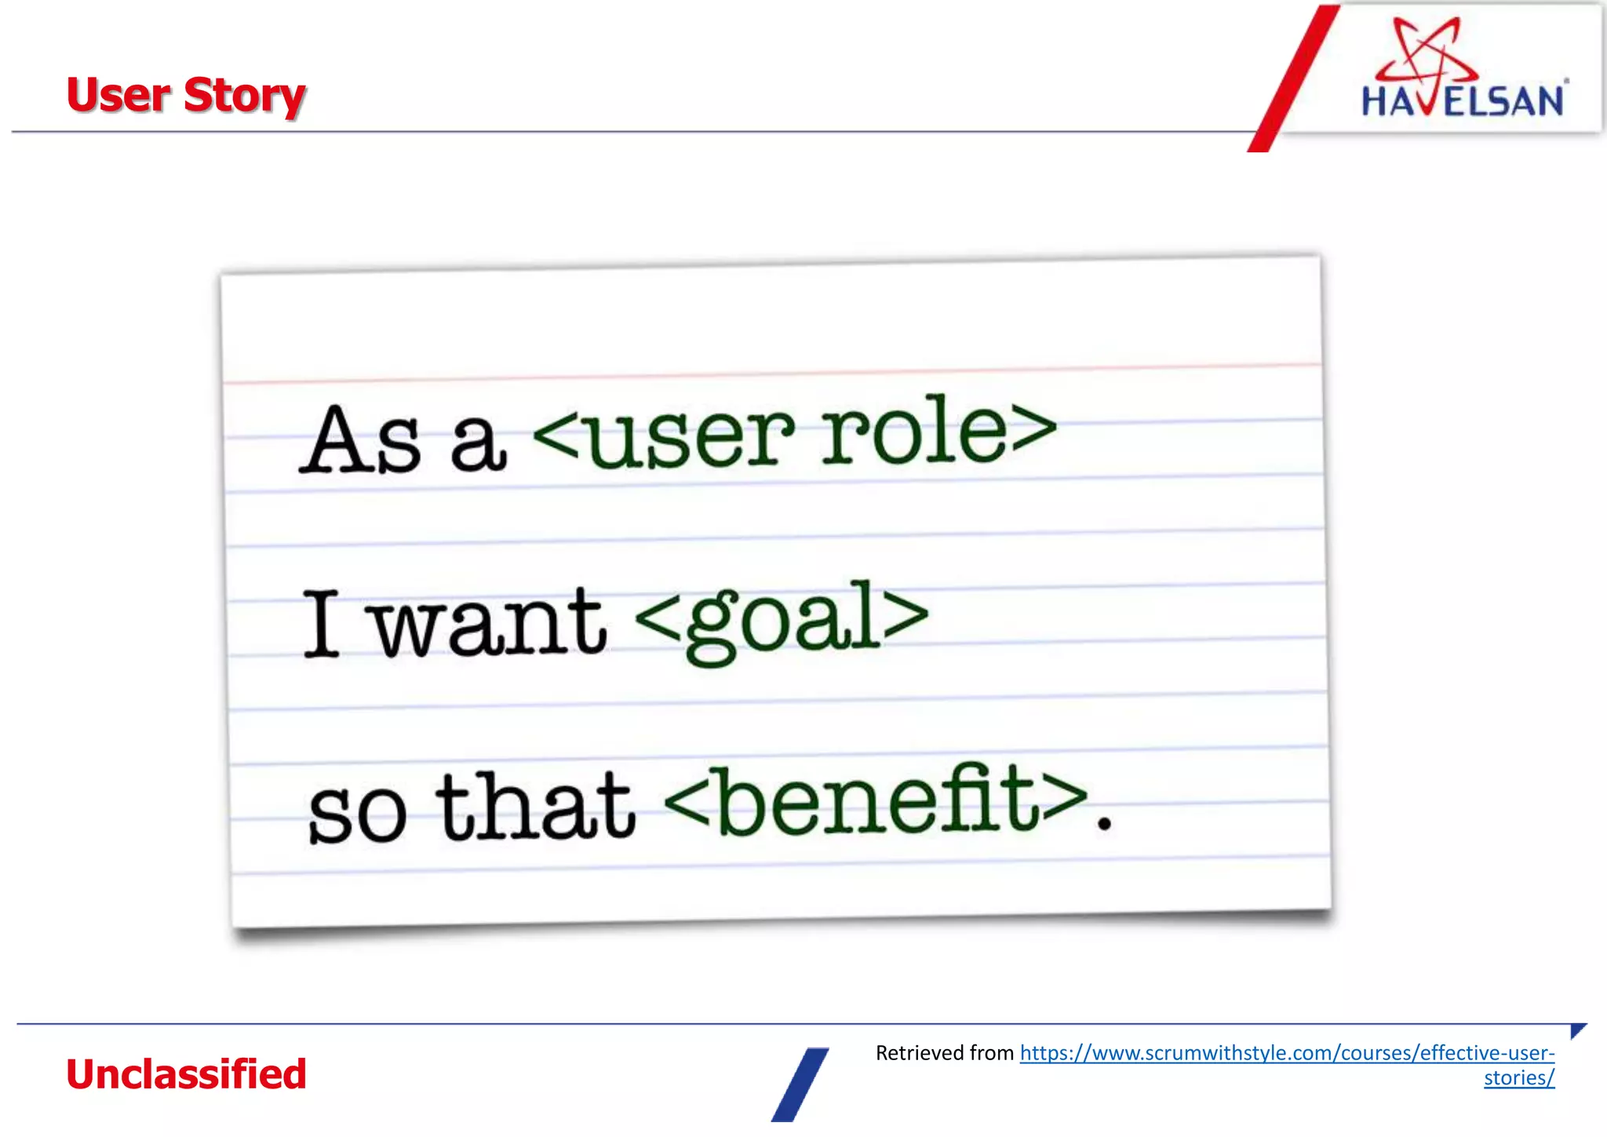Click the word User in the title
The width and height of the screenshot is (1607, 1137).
[118, 96]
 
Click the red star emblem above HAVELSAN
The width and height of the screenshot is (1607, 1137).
[1427, 52]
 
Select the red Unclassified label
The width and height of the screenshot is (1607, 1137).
[186, 1074]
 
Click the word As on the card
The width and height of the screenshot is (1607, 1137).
[362, 441]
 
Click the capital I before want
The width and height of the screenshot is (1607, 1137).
[322, 624]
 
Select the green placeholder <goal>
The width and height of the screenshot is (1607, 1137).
[782, 620]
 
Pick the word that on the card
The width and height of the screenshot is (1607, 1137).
[536, 807]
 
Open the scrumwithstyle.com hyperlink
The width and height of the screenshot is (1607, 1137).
[1287, 1053]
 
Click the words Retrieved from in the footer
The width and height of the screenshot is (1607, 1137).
[945, 1053]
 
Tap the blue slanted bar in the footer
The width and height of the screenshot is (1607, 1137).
[800, 1085]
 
